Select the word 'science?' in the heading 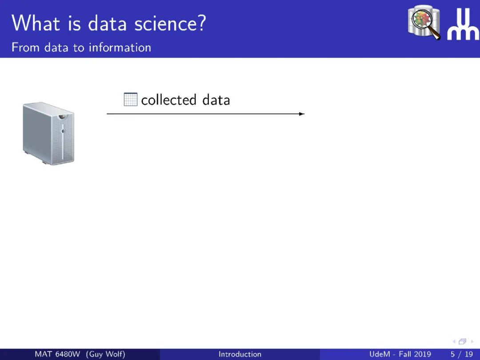[170, 23]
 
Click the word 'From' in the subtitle [26, 48]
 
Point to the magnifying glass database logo [424, 22]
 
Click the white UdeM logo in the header [463, 24]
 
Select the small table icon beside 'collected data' [130, 100]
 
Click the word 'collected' [169, 100]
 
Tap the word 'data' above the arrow [216, 100]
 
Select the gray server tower [48, 133]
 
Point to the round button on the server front [63, 131]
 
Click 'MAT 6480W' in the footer [57, 354]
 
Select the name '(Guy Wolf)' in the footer [106, 354]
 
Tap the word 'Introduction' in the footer [240, 354]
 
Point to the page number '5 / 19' [462, 354]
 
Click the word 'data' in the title [107, 23]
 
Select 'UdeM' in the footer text [380, 354]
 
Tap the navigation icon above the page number [463, 341]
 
